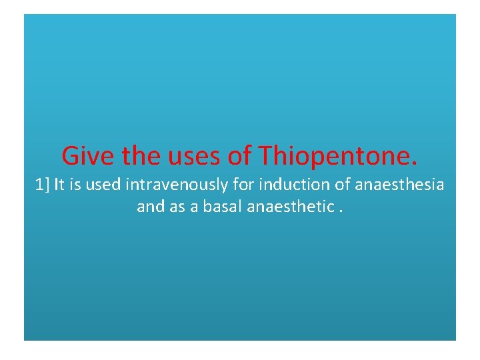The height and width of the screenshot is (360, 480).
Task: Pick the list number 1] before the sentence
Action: click(42, 185)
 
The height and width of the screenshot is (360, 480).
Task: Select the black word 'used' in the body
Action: click(100, 185)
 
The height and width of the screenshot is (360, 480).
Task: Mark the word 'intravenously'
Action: click(163, 185)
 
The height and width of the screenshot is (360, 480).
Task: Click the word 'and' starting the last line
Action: click(149, 207)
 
